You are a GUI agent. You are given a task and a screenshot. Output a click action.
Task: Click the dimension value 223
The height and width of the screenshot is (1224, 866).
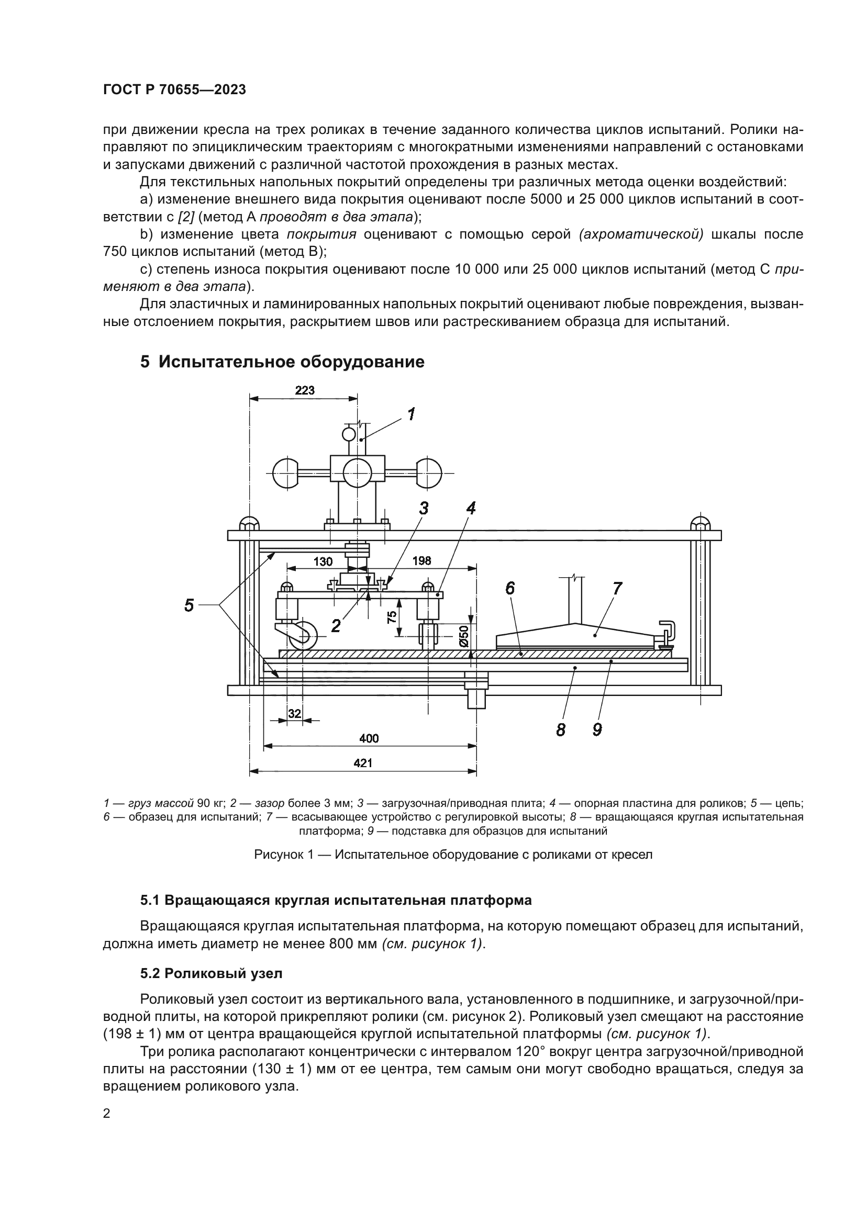(x=305, y=390)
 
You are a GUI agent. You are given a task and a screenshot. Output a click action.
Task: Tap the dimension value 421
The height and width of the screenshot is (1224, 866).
(x=363, y=763)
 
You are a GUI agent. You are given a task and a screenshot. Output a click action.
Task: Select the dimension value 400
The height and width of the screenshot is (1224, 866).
(x=369, y=738)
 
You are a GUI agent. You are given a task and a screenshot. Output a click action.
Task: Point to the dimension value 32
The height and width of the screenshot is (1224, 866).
(x=294, y=714)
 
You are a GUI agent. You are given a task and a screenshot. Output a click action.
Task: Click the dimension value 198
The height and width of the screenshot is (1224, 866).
(x=421, y=561)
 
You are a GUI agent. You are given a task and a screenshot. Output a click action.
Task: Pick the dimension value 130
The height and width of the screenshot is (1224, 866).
(x=323, y=562)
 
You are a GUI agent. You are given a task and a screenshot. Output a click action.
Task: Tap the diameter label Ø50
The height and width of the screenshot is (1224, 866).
(x=464, y=635)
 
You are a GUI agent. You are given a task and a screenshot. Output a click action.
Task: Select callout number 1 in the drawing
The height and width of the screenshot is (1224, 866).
(x=412, y=414)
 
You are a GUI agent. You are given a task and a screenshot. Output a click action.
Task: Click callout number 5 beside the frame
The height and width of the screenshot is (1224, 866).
(x=189, y=605)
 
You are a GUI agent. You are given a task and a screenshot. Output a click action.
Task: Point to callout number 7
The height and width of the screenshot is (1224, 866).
(x=617, y=589)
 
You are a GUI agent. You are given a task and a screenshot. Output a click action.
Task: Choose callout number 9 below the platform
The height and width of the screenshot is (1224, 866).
(x=597, y=729)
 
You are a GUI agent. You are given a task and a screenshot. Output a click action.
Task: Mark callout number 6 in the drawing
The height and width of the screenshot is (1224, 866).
(x=510, y=588)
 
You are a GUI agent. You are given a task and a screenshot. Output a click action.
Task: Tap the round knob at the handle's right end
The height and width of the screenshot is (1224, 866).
(x=429, y=473)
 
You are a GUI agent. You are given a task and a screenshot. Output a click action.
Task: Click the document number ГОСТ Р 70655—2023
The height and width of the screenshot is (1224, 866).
(x=174, y=89)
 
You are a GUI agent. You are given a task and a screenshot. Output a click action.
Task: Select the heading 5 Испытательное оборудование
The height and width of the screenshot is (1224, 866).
(x=282, y=362)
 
